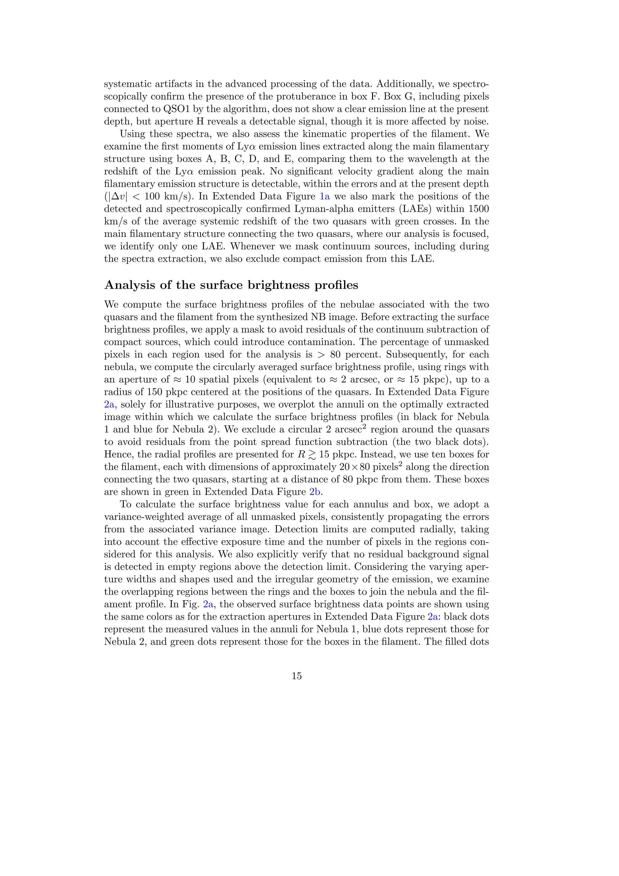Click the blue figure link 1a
[324, 197]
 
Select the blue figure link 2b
[316, 492]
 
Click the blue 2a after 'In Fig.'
[208, 604]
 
